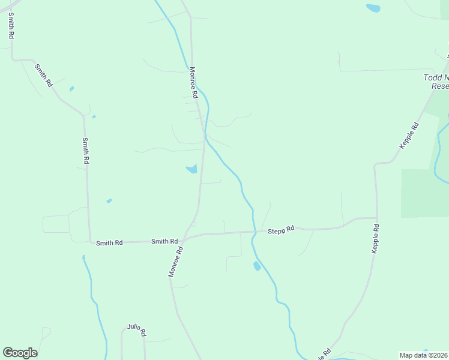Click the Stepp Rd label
click(x=281, y=229)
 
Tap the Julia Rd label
click(x=137, y=328)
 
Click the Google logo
click(x=20, y=353)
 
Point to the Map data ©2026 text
click(x=424, y=355)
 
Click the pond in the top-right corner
click(x=373, y=8)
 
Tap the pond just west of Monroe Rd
click(x=191, y=169)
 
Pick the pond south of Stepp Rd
click(x=257, y=265)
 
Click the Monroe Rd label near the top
click(x=193, y=82)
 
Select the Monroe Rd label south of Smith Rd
click(x=175, y=262)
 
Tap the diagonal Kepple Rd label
click(x=409, y=136)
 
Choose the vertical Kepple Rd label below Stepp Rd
click(x=375, y=239)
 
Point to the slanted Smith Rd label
click(x=44, y=76)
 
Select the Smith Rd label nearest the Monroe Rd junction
click(x=164, y=241)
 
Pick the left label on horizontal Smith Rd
click(x=109, y=243)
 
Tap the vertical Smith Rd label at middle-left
click(x=86, y=151)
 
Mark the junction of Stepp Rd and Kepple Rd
click(x=376, y=218)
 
